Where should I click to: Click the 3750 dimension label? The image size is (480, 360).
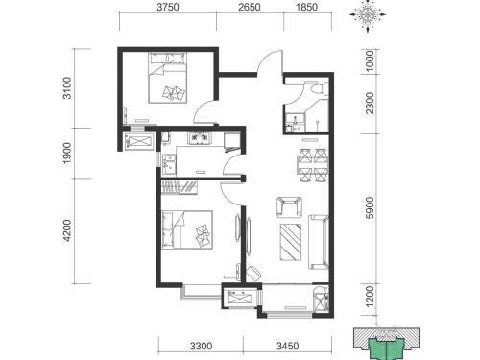[x=168, y=7]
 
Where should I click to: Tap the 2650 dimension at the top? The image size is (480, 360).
[x=250, y=7]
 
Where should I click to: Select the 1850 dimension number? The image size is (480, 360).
[x=306, y=7]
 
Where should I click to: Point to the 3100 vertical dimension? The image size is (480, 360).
[x=67, y=87]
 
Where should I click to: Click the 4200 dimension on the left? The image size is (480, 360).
[x=67, y=230]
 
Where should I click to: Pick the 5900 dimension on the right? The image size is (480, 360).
[x=370, y=207]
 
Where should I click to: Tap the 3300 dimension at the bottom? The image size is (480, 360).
[x=201, y=346]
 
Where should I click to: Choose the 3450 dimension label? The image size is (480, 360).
[x=288, y=346]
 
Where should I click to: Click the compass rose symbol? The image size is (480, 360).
[x=368, y=14]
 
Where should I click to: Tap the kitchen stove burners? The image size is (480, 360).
[x=200, y=138]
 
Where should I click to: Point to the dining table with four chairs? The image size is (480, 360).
[x=312, y=165]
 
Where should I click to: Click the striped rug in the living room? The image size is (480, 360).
[x=291, y=242]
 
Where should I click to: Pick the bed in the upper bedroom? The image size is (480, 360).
[x=167, y=78]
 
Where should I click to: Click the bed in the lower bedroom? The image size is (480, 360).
[x=187, y=229]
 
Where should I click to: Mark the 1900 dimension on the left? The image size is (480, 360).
[x=67, y=154]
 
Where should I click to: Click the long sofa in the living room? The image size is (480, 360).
[x=319, y=242]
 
